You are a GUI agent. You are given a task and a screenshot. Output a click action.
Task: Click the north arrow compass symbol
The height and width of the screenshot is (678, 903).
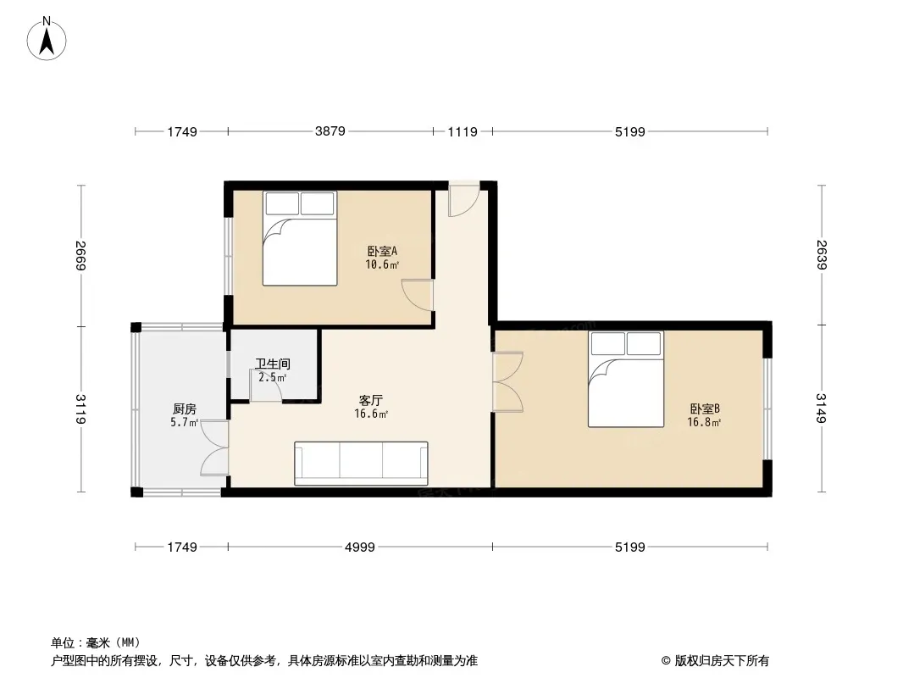pyautogui.click(x=47, y=39)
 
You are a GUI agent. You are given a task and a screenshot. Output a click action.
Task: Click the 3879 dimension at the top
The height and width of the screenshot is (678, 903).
pyautogui.click(x=330, y=131)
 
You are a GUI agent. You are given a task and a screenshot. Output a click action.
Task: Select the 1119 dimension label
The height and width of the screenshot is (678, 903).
pyautogui.click(x=463, y=132)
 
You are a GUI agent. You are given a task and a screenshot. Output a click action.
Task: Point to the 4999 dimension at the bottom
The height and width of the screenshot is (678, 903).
pyautogui.click(x=360, y=547)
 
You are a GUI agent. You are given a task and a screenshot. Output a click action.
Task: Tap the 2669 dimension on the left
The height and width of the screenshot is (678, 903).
pyautogui.click(x=81, y=255)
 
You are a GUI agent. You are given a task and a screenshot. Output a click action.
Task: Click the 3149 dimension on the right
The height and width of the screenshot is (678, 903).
pyautogui.click(x=821, y=408)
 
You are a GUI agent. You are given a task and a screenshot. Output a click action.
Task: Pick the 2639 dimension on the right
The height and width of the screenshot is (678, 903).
pyautogui.click(x=821, y=254)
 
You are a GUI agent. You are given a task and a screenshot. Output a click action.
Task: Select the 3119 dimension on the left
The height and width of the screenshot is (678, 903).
pyautogui.click(x=81, y=409)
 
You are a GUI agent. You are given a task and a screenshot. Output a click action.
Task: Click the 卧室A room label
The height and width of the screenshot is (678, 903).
pyautogui.click(x=382, y=251)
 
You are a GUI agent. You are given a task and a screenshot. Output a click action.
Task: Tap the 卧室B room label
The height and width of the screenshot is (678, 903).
pyautogui.click(x=705, y=408)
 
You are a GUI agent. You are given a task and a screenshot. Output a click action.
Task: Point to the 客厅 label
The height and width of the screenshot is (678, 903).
pyautogui.click(x=371, y=400)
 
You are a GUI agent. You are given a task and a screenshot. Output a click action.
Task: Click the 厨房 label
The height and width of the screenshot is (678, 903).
pyautogui.click(x=185, y=409)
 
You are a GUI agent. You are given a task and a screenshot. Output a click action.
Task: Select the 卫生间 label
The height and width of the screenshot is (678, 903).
pyautogui.click(x=273, y=364)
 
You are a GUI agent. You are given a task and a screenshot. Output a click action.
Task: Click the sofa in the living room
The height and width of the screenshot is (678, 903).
pyautogui.click(x=361, y=463)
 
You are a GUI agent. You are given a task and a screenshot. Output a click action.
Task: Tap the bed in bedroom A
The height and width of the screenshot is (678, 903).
pyautogui.click(x=300, y=238)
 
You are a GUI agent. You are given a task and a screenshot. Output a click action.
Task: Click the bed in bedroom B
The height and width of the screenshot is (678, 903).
pyautogui.click(x=626, y=379)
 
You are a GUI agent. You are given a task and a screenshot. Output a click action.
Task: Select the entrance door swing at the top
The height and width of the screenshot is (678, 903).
pyautogui.click(x=464, y=199)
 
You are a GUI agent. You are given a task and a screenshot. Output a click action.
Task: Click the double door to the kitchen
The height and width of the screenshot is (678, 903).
pyautogui.click(x=215, y=448)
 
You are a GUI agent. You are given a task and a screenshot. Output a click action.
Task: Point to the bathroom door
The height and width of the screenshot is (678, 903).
pyautogui.click(x=265, y=386)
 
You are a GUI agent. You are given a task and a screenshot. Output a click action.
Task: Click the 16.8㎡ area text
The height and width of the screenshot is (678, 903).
pyautogui.click(x=704, y=422)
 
